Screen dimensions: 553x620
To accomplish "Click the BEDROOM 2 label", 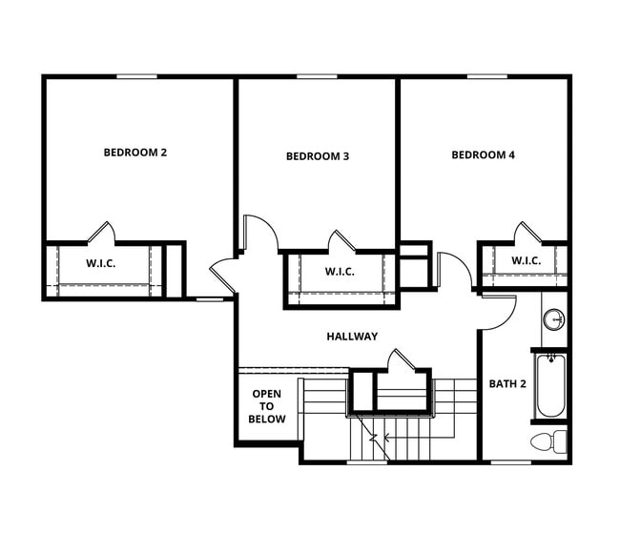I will (x=135, y=152).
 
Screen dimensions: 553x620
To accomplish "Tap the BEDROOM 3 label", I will (x=318, y=156).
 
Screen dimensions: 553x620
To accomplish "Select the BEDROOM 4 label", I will (x=483, y=154).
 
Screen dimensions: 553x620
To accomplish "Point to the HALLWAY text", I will (x=352, y=336).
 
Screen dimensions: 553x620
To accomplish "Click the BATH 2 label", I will (x=508, y=384).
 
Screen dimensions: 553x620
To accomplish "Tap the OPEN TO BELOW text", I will (x=267, y=406).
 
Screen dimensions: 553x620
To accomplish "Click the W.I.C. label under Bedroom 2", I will (x=101, y=263).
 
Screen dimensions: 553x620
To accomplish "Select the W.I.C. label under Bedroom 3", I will (x=340, y=272).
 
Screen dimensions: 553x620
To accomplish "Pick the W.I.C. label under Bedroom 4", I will (x=526, y=260).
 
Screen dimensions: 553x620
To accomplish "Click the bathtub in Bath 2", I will (x=549, y=385).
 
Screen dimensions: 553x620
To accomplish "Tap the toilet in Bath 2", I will (x=548, y=440).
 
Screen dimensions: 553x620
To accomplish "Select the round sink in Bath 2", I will (x=553, y=318).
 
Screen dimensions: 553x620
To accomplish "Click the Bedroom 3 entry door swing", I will (x=259, y=233).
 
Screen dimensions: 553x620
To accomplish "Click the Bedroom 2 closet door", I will (x=101, y=233).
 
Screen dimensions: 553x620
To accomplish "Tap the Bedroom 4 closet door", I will (x=527, y=233).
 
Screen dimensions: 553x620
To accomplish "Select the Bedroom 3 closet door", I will (x=341, y=241).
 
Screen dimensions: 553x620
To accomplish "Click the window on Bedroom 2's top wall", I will (x=136, y=76).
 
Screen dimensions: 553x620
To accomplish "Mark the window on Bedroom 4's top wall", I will (x=486, y=76).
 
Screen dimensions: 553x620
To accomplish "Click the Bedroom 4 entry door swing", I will (x=454, y=271).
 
